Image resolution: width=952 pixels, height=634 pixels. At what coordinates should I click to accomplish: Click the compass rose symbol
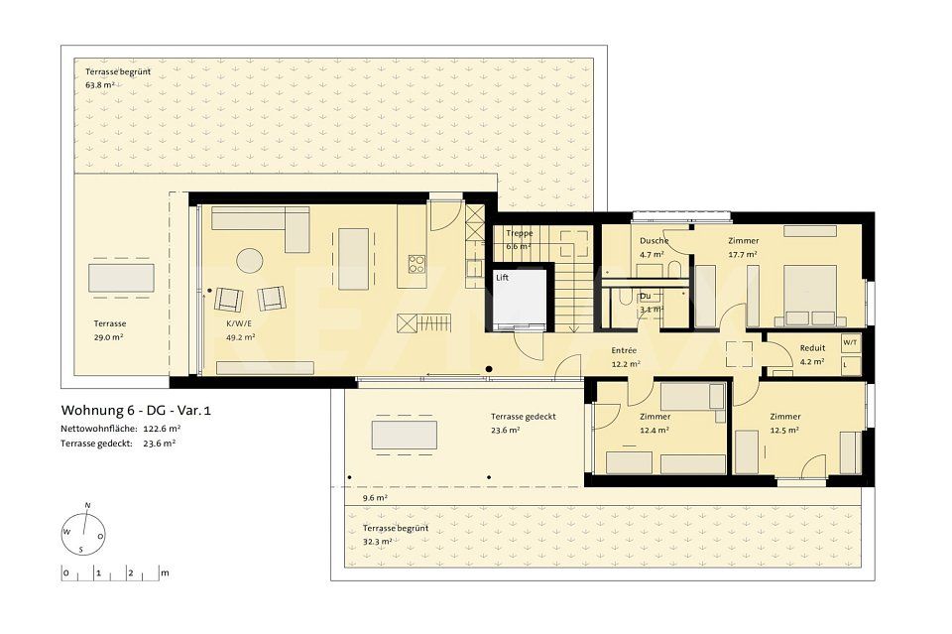coord(83,531)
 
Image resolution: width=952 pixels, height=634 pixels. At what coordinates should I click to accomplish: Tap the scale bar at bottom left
coord(114,572)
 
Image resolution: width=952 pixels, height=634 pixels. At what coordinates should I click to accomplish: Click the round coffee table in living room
coord(249,261)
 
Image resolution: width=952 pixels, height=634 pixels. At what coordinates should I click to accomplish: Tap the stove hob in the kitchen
coord(417,264)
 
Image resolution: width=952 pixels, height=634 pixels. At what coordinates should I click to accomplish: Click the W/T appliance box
coord(850,342)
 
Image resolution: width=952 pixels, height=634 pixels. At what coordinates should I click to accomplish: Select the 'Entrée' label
coord(624,351)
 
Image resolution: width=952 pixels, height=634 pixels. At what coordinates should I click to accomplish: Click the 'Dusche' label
coord(654,241)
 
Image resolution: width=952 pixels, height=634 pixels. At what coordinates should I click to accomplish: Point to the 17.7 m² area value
coord(743,254)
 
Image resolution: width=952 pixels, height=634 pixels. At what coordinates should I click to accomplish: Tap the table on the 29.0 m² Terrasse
coord(121,278)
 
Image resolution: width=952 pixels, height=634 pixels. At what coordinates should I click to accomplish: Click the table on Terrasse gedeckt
coord(404,435)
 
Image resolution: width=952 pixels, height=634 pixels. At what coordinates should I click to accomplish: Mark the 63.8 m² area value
coord(100,85)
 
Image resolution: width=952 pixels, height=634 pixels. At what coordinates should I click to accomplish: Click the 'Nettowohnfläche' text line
coord(120,428)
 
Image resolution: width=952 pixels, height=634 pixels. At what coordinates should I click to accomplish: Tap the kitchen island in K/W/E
coord(353,259)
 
